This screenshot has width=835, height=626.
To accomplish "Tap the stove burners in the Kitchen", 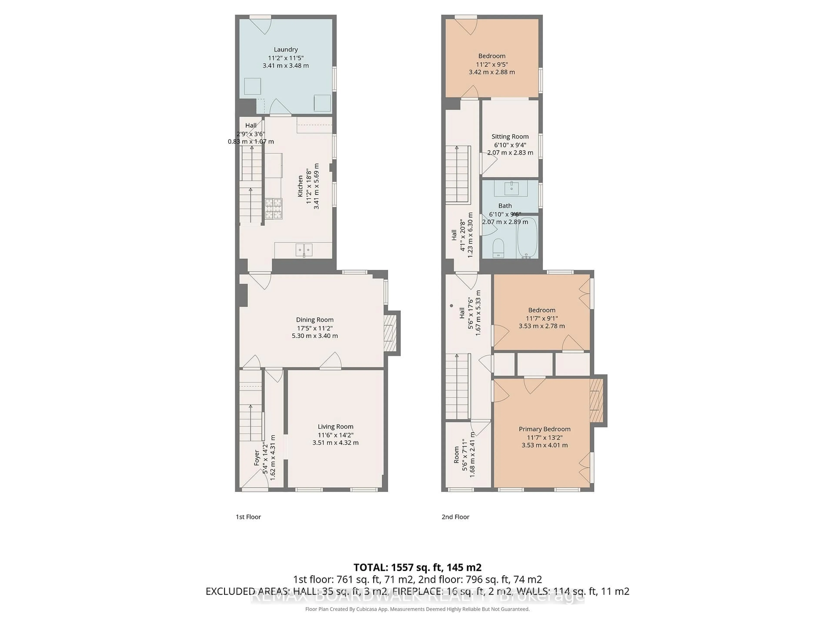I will click(x=273, y=209).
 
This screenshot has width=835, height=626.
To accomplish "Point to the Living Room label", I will click(x=335, y=426).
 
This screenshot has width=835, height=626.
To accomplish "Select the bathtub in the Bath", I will click(x=527, y=238).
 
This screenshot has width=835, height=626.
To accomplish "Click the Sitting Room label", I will click(x=510, y=137).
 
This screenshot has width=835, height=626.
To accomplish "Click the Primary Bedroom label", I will click(x=544, y=429).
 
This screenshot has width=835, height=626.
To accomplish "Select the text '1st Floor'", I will click(x=248, y=517).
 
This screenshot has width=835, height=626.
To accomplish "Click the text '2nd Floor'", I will click(x=455, y=517).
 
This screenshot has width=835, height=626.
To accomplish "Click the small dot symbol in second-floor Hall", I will click(x=451, y=306).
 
